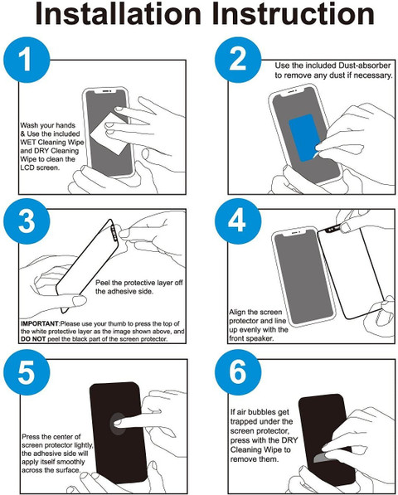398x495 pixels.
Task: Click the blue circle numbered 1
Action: [27, 60]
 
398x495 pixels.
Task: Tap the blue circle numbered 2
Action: [238, 60]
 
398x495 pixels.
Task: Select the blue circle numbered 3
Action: [27, 221]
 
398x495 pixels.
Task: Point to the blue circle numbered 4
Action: [238, 221]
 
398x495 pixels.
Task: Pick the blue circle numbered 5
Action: [27, 372]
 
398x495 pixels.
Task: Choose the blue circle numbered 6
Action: [238, 372]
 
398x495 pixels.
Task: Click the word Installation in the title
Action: [119, 13]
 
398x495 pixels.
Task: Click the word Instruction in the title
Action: [294, 13]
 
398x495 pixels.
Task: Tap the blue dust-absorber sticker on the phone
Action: [305, 138]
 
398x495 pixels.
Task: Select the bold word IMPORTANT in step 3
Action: [40, 323]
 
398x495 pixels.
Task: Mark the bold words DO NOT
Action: [33, 339]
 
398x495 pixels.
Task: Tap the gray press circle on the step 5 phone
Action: [117, 424]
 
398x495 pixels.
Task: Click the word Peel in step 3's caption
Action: [102, 283]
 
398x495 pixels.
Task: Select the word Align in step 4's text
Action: [237, 313]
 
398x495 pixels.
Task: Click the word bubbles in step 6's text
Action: [263, 412]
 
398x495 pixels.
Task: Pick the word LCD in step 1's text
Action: [27, 167]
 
